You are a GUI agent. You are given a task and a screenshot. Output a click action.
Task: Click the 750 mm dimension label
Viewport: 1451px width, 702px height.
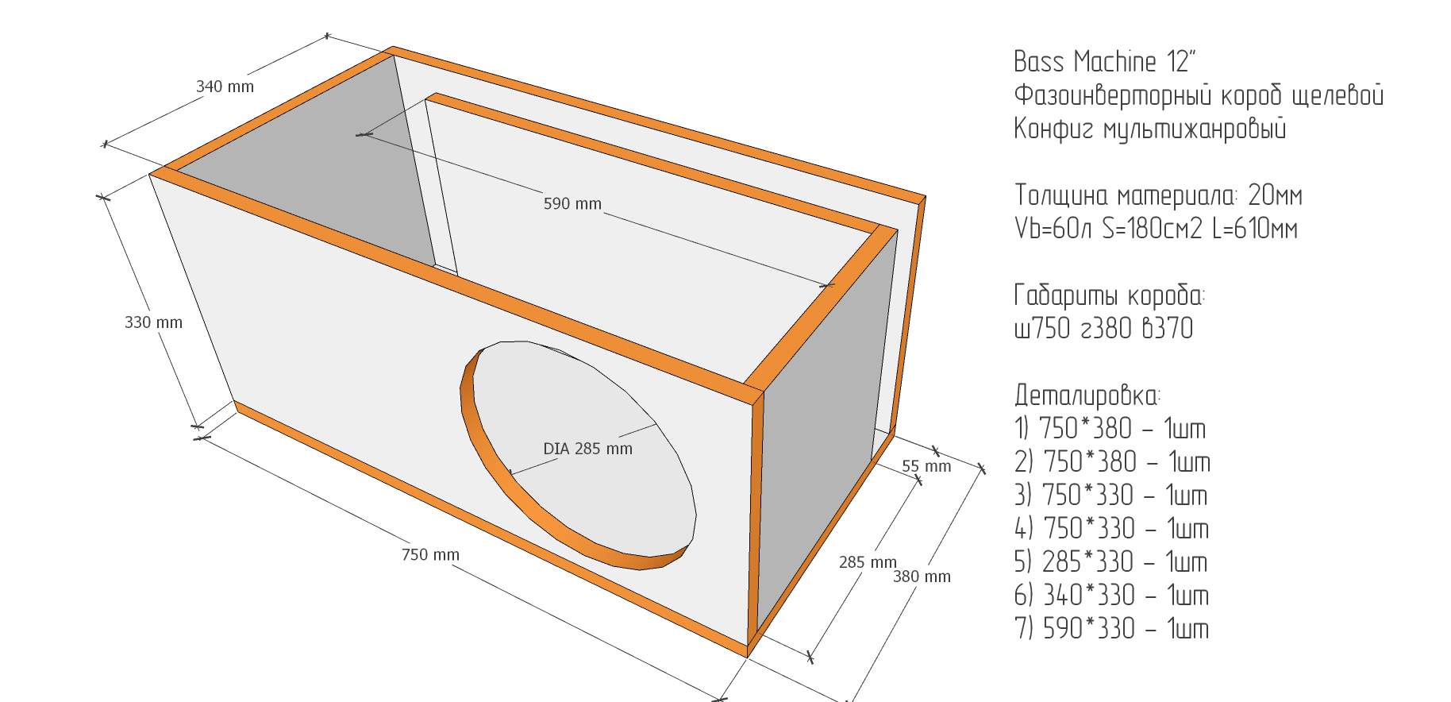430,554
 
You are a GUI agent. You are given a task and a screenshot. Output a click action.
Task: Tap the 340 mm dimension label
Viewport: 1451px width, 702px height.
225,87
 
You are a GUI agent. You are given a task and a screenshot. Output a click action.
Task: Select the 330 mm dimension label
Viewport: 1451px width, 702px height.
153,322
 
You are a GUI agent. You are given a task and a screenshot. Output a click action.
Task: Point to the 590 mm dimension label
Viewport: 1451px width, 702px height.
572,204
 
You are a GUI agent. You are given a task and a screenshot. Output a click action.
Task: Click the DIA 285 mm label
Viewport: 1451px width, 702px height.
587,449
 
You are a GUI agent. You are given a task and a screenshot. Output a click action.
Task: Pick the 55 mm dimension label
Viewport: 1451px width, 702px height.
926,466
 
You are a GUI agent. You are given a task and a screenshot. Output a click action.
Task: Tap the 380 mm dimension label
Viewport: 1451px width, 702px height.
922,577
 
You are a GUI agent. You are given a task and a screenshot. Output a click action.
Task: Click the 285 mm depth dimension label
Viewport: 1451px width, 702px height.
868,562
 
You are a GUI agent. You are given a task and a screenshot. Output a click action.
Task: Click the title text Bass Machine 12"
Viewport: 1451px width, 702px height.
1104,61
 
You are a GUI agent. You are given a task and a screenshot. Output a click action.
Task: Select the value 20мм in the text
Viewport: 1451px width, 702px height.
1275,195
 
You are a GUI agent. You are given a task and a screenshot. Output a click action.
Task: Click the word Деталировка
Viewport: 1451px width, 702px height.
1087,395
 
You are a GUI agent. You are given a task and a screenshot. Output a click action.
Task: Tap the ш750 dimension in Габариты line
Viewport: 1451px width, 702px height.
1042,328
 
